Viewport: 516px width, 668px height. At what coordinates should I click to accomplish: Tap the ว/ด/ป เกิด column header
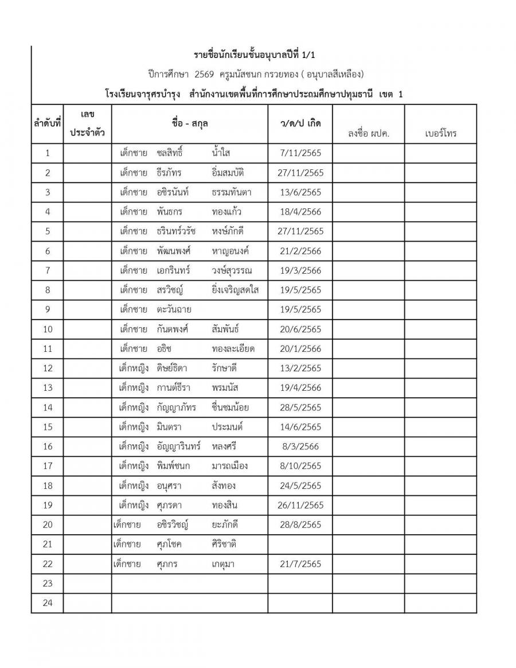(x=299, y=123)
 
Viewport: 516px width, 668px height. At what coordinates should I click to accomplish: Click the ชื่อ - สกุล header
(x=189, y=123)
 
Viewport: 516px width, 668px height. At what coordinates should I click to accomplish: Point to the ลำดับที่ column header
(x=47, y=123)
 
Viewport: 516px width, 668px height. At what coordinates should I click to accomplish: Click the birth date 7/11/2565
(x=299, y=153)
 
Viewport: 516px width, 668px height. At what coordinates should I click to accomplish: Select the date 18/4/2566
(x=299, y=212)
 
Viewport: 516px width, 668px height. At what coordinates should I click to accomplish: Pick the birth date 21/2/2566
(x=299, y=251)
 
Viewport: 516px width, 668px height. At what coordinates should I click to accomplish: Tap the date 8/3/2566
(x=299, y=446)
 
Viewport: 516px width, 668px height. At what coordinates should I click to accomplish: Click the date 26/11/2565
(x=300, y=506)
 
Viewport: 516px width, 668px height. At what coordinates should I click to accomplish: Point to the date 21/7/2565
(x=299, y=564)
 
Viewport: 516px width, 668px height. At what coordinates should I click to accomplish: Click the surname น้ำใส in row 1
(x=221, y=153)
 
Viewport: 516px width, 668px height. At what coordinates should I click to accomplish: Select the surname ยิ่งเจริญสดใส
(x=234, y=290)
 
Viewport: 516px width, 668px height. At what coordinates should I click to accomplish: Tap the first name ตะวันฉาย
(x=174, y=310)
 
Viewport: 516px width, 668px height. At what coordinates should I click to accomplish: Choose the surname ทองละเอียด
(x=233, y=349)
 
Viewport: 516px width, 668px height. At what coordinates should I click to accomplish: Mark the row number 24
(x=48, y=603)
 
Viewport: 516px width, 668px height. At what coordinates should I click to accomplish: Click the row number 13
(x=48, y=388)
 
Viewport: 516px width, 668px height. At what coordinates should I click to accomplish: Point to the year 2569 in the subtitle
(x=204, y=75)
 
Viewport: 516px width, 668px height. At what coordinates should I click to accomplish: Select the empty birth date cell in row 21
(x=299, y=545)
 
